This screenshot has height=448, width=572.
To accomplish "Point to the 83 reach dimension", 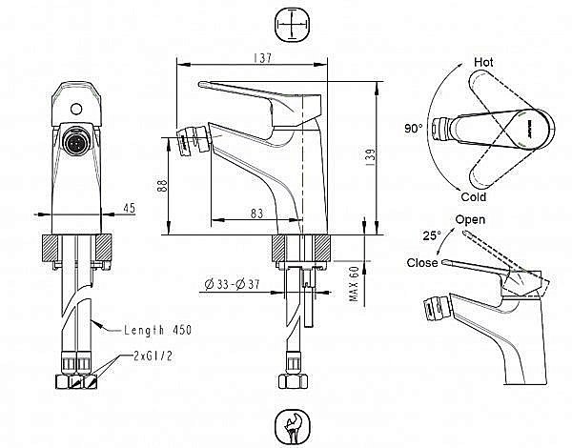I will [255, 213].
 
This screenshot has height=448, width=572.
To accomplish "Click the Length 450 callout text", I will [157, 330].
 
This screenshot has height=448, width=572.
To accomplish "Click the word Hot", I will [484, 62].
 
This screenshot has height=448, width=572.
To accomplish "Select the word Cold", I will [473, 196].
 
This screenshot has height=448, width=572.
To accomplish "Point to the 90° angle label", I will [414, 127].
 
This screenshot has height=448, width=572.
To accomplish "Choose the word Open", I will [470, 220].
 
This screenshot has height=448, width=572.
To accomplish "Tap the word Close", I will [421, 262].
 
